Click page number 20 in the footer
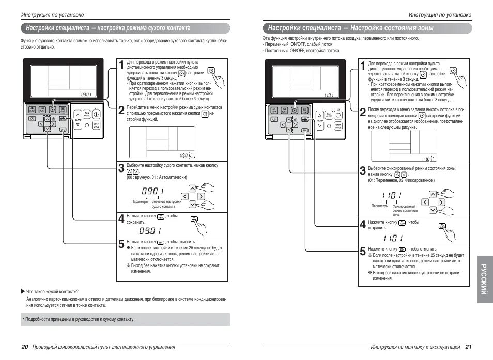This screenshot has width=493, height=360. tap(24, 347)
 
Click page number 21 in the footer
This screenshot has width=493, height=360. tap(468, 347)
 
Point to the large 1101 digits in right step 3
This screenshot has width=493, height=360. tap(392, 196)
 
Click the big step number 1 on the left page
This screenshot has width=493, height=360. tap(121, 65)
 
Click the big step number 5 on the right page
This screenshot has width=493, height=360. tap(363, 252)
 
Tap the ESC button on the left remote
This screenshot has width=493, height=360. tap(63, 130)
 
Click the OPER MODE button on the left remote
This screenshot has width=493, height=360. tap(97, 125)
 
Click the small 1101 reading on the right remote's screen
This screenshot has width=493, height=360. tap(328, 95)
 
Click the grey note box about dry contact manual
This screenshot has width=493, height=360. tap(125, 319)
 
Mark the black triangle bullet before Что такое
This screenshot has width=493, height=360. tap(22, 291)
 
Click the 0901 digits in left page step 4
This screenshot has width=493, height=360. tap(149, 230)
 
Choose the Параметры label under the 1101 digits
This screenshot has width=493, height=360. tap(380, 206)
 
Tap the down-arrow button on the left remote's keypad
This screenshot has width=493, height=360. tap(47, 129)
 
